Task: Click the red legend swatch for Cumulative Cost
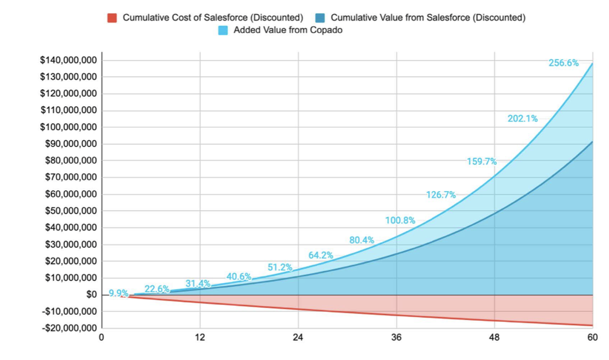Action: point(112,17)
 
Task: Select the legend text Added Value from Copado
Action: point(288,30)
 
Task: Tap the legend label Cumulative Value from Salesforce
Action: point(428,17)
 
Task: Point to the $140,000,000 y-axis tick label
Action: point(68,60)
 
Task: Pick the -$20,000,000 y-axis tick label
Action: point(68,328)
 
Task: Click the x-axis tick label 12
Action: point(200,338)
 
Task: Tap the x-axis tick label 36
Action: point(396,338)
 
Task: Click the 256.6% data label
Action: point(564,63)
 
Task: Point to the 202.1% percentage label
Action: point(523,118)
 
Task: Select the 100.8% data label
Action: point(400,220)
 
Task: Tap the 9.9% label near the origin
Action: point(118,293)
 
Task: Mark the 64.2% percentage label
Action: point(321,255)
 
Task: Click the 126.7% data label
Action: point(441,195)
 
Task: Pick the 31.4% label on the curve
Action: point(198,284)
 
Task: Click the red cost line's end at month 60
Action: point(592,325)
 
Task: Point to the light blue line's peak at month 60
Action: point(592,63)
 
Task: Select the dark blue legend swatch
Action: point(320,17)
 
